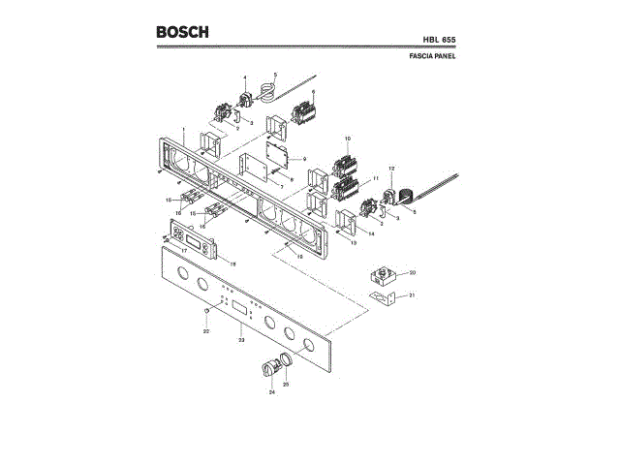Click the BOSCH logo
tap(182, 32)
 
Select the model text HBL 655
tap(438, 40)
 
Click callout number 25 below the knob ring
tap(285, 385)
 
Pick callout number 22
tap(205, 331)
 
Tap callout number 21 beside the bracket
tap(412, 294)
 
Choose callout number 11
tap(373, 179)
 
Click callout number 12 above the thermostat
tap(391, 169)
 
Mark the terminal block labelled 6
tap(303, 111)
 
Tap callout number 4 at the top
tap(244, 77)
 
